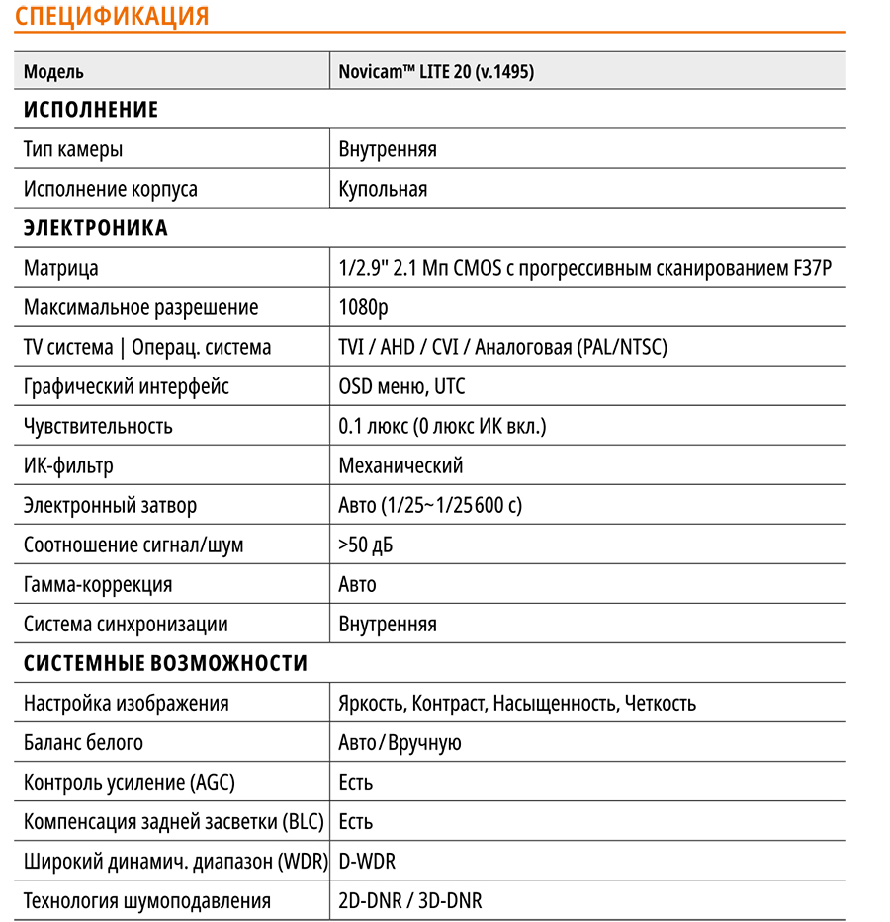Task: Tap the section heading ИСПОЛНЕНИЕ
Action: (x=91, y=110)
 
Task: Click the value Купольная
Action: (x=383, y=189)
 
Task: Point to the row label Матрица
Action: (x=61, y=268)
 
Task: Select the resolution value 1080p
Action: (x=363, y=307)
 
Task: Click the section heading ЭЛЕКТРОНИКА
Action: (x=96, y=228)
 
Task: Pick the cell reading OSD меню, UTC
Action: (x=401, y=386)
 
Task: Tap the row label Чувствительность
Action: (x=98, y=426)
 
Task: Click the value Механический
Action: (x=400, y=465)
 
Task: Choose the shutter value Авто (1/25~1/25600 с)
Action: (x=430, y=505)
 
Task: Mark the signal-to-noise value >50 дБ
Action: (x=372, y=545)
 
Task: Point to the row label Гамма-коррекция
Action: (x=98, y=584)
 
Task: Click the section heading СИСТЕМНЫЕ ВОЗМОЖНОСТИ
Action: (x=165, y=663)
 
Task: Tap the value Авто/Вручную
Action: (x=400, y=742)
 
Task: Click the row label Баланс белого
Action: (x=83, y=742)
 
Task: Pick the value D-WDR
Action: (x=367, y=861)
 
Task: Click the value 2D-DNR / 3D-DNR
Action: (x=410, y=900)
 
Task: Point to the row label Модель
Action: (x=53, y=71)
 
